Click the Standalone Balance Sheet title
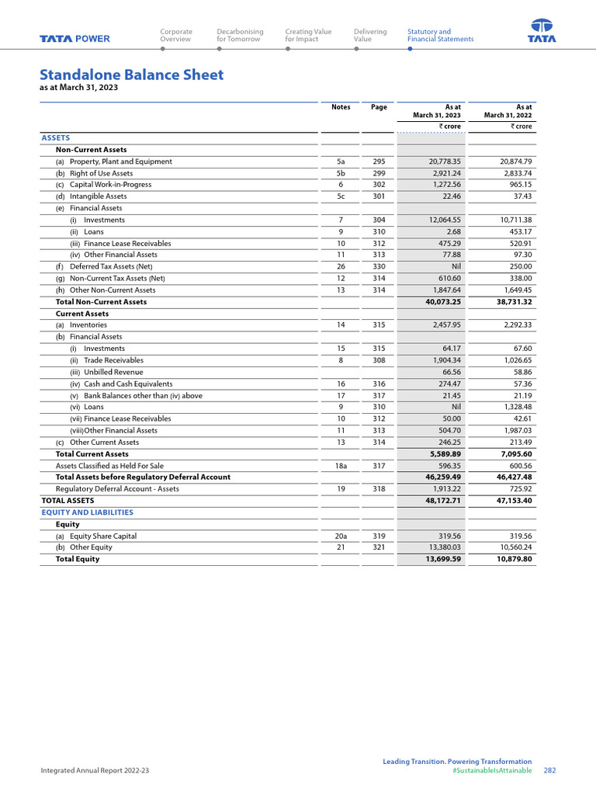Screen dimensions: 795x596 131,75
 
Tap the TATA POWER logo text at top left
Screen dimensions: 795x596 75,39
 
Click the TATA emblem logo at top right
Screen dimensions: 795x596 542,31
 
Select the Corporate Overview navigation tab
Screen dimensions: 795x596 176,35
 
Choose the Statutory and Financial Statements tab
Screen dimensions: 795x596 440,35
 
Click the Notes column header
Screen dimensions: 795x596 341,107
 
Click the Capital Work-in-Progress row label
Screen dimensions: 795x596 110,185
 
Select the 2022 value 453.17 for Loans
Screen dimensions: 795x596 517,231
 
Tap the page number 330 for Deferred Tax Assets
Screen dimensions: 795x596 379,266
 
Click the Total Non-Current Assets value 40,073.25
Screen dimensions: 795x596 439,301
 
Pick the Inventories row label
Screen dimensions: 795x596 88,325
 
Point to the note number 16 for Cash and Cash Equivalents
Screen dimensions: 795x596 341,384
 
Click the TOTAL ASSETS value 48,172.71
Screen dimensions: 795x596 439,501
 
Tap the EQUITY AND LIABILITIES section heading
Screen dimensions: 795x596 87,512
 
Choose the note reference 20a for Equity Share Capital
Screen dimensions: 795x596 341,536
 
